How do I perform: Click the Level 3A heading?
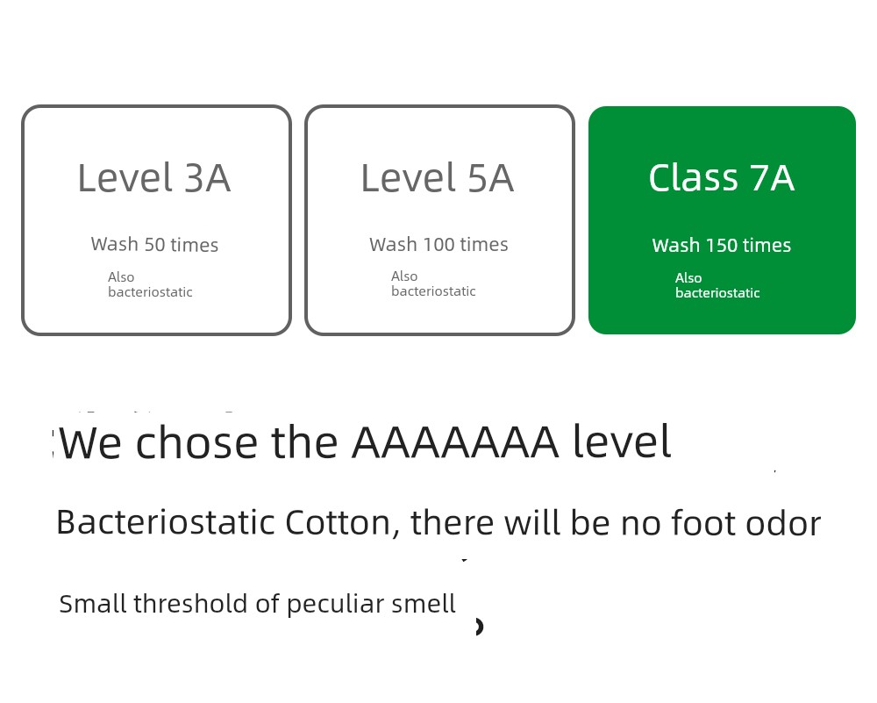click(x=153, y=178)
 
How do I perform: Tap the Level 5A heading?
click(x=438, y=178)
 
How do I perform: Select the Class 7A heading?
click(x=722, y=178)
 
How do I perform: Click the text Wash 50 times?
click(x=154, y=245)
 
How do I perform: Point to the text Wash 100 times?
click(x=438, y=245)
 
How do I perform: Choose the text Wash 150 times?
click(x=722, y=245)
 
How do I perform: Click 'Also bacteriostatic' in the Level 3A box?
click(x=150, y=284)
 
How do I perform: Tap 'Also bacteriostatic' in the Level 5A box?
click(x=433, y=283)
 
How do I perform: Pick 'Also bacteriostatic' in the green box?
click(x=717, y=285)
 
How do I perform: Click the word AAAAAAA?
click(x=455, y=442)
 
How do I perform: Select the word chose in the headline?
click(x=196, y=442)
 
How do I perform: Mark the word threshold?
click(x=190, y=604)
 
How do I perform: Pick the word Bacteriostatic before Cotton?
click(x=166, y=523)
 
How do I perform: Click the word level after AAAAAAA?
click(x=622, y=441)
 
